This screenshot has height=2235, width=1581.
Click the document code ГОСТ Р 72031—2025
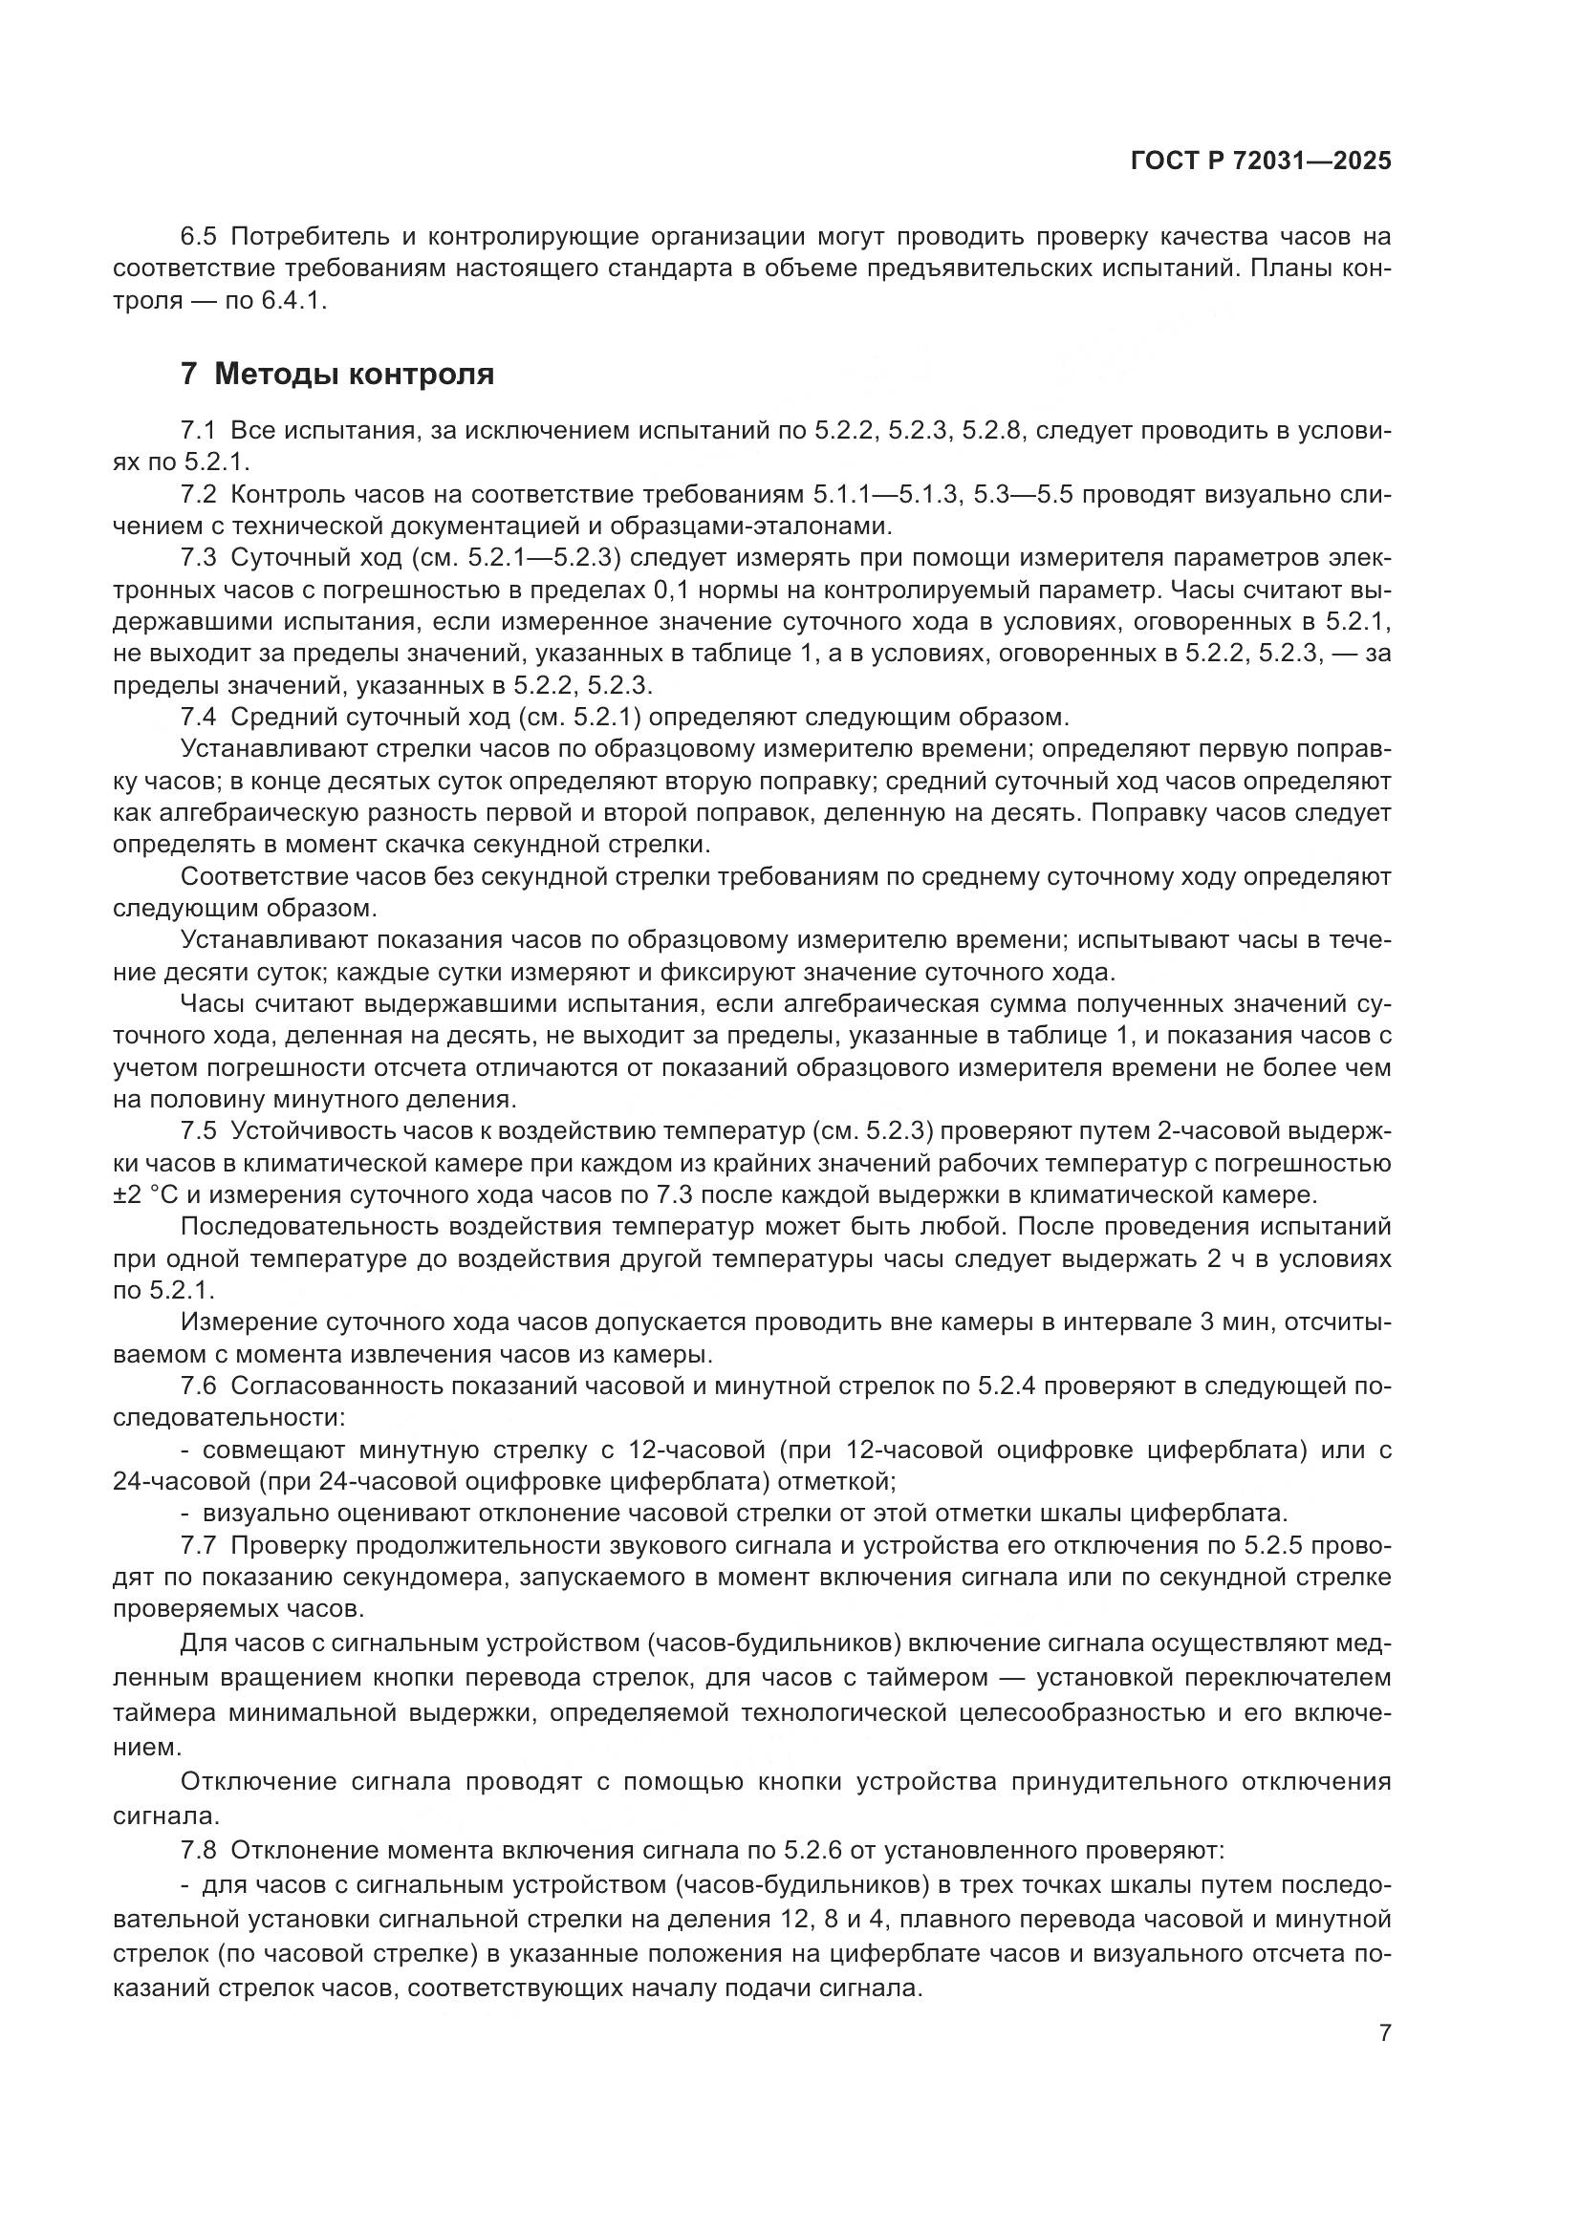(1261, 161)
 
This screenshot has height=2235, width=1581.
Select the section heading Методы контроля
(354, 374)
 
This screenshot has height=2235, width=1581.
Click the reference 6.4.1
(293, 301)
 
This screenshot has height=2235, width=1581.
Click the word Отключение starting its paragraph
(258, 1781)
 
